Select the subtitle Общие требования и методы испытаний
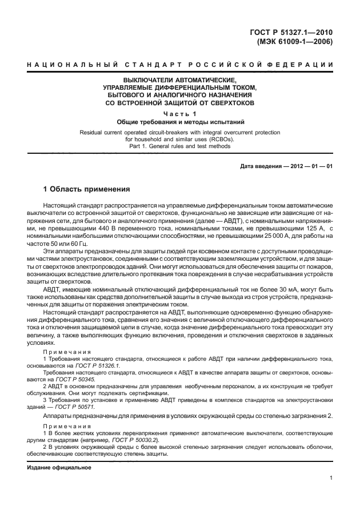[180, 122]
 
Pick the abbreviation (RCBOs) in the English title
[221, 139]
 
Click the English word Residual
[92, 132]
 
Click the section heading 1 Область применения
[87, 189]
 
